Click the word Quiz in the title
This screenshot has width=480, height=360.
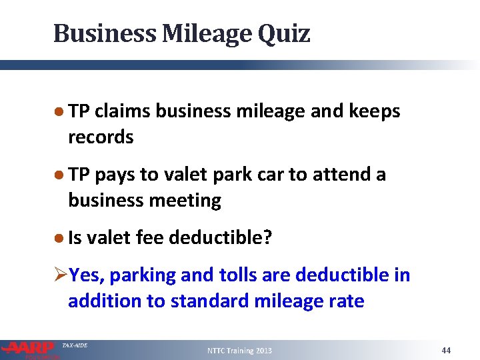click(x=285, y=33)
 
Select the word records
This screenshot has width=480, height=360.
click(x=101, y=137)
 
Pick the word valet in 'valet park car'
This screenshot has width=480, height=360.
click(x=163, y=174)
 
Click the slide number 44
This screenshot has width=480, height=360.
click(x=447, y=350)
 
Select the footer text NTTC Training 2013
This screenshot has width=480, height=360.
click(x=239, y=351)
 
